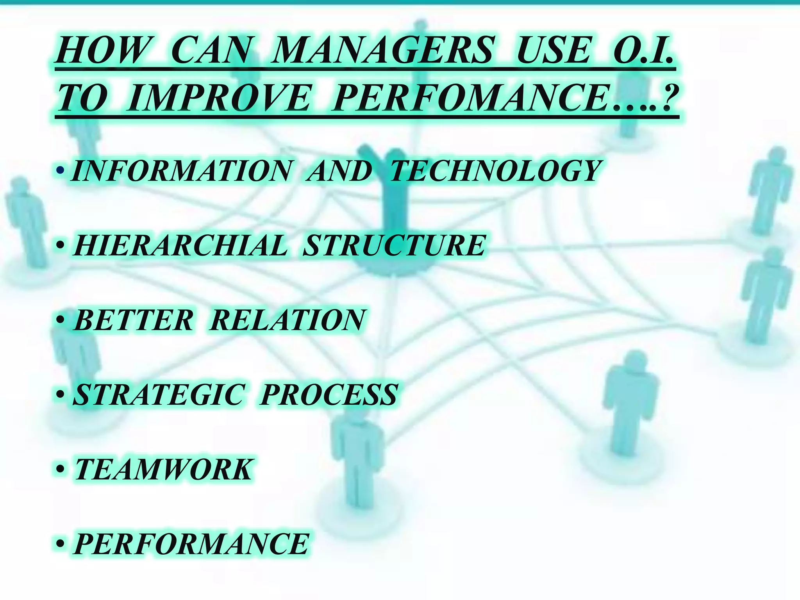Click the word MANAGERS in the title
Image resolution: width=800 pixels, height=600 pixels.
click(383, 51)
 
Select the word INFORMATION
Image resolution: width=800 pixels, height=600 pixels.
click(181, 171)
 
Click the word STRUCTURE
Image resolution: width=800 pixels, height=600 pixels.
click(395, 245)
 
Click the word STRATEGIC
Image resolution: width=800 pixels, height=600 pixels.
click(159, 395)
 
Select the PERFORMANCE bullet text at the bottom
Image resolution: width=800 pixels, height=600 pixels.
click(191, 544)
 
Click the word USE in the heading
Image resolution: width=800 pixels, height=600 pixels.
click(553, 51)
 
